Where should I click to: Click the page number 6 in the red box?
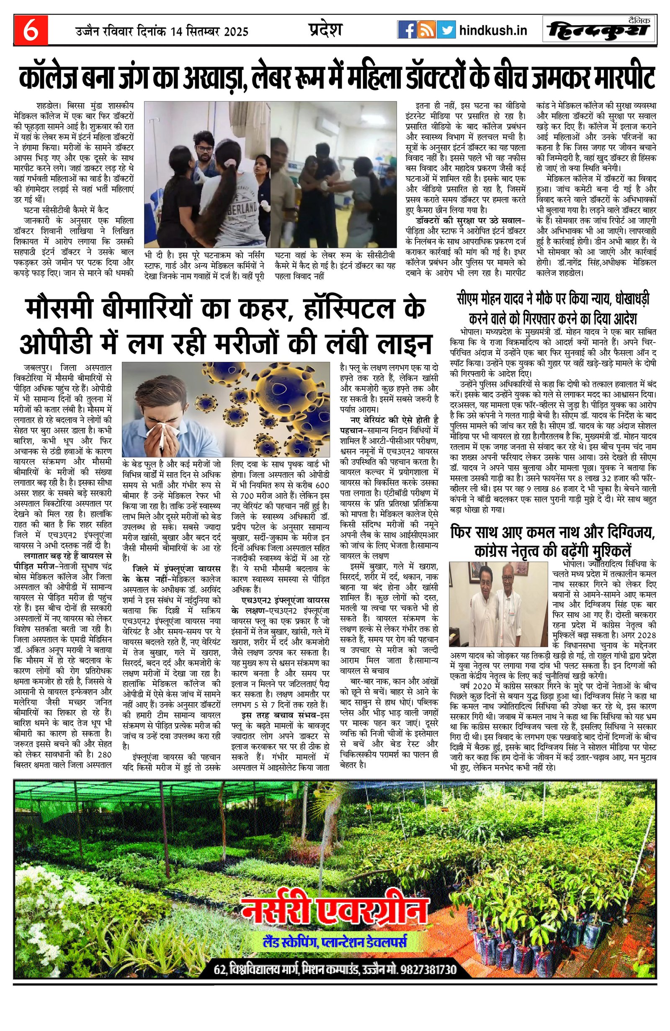click(x=30, y=30)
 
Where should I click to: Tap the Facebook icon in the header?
click(x=407, y=30)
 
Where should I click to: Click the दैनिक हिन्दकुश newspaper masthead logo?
click(x=599, y=30)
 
